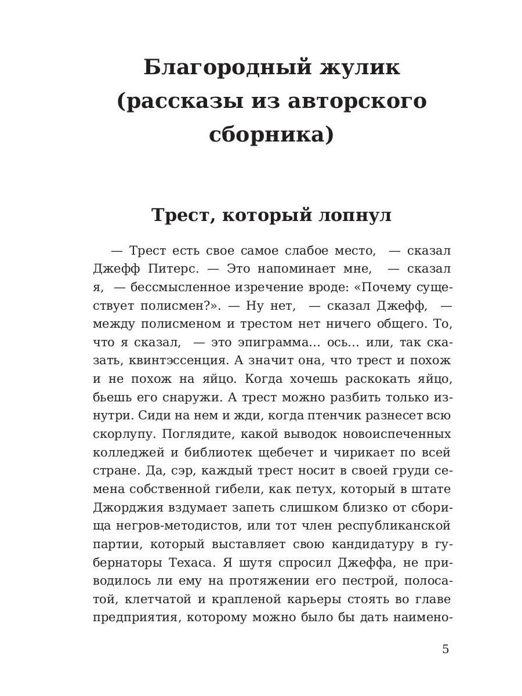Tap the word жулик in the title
pos(360,68)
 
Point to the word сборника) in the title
pos(271,135)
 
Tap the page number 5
pos(445,649)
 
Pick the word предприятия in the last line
pos(135,618)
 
